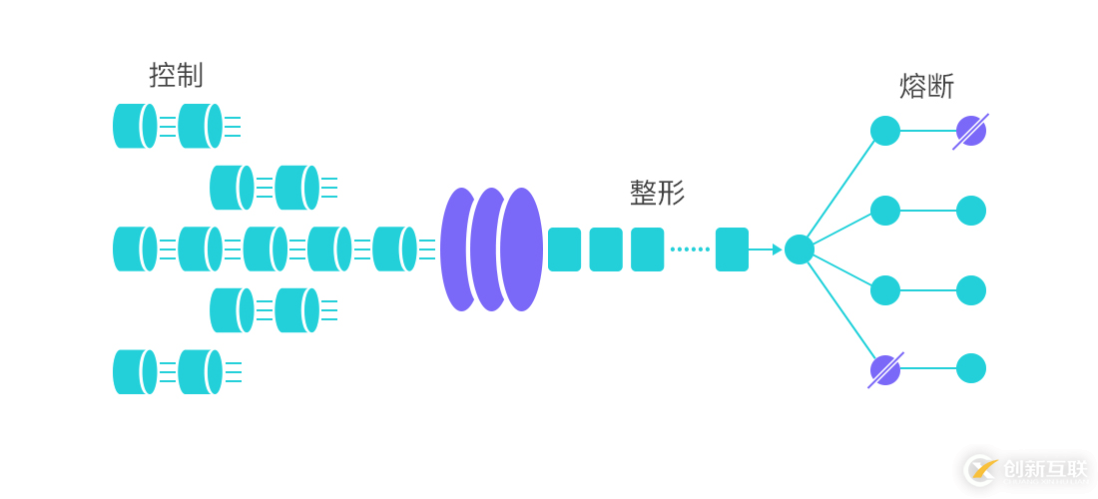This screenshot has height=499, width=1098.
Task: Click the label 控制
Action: pyautogui.click(x=176, y=75)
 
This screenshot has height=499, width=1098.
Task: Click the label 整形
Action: pyautogui.click(x=657, y=193)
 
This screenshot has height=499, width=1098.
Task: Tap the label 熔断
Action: pyautogui.click(x=926, y=87)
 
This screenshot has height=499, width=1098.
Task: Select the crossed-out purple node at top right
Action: pyautogui.click(x=970, y=131)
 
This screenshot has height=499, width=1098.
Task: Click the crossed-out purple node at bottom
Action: pyautogui.click(x=885, y=370)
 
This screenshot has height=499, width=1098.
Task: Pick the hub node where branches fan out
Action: pyautogui.click(x=799, y=249)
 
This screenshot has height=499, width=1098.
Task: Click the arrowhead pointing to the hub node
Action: pyautogui.click(x=777, y=249)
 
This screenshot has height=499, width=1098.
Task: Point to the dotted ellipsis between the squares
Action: pyautogui.click(x=690, y=249)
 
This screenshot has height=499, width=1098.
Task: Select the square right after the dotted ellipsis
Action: pyautogui.click(x=732, y=249)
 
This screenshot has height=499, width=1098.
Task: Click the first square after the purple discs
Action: pyautogui.click(x=564, y=249)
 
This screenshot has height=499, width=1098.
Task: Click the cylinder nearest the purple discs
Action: pyautogui.click(x=394, y=249)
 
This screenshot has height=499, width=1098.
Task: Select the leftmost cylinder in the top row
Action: pyautogui.click(x=134, y=126)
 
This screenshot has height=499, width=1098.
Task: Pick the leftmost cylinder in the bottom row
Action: pyautogui.click(x=134, y=372)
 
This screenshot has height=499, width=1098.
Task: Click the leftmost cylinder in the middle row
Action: pyautogui.click(x=134, y=249)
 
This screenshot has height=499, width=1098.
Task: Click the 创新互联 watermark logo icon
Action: pyautogui.click(x=981, y=469)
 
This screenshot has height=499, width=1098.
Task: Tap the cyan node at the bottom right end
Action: pyautogui.click(x=971, y=368)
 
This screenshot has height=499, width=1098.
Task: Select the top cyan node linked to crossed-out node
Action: pyautogui.click(x=885, y=131)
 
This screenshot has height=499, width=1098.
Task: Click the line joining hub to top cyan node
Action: pyautogui.click(x=841, y=191)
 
